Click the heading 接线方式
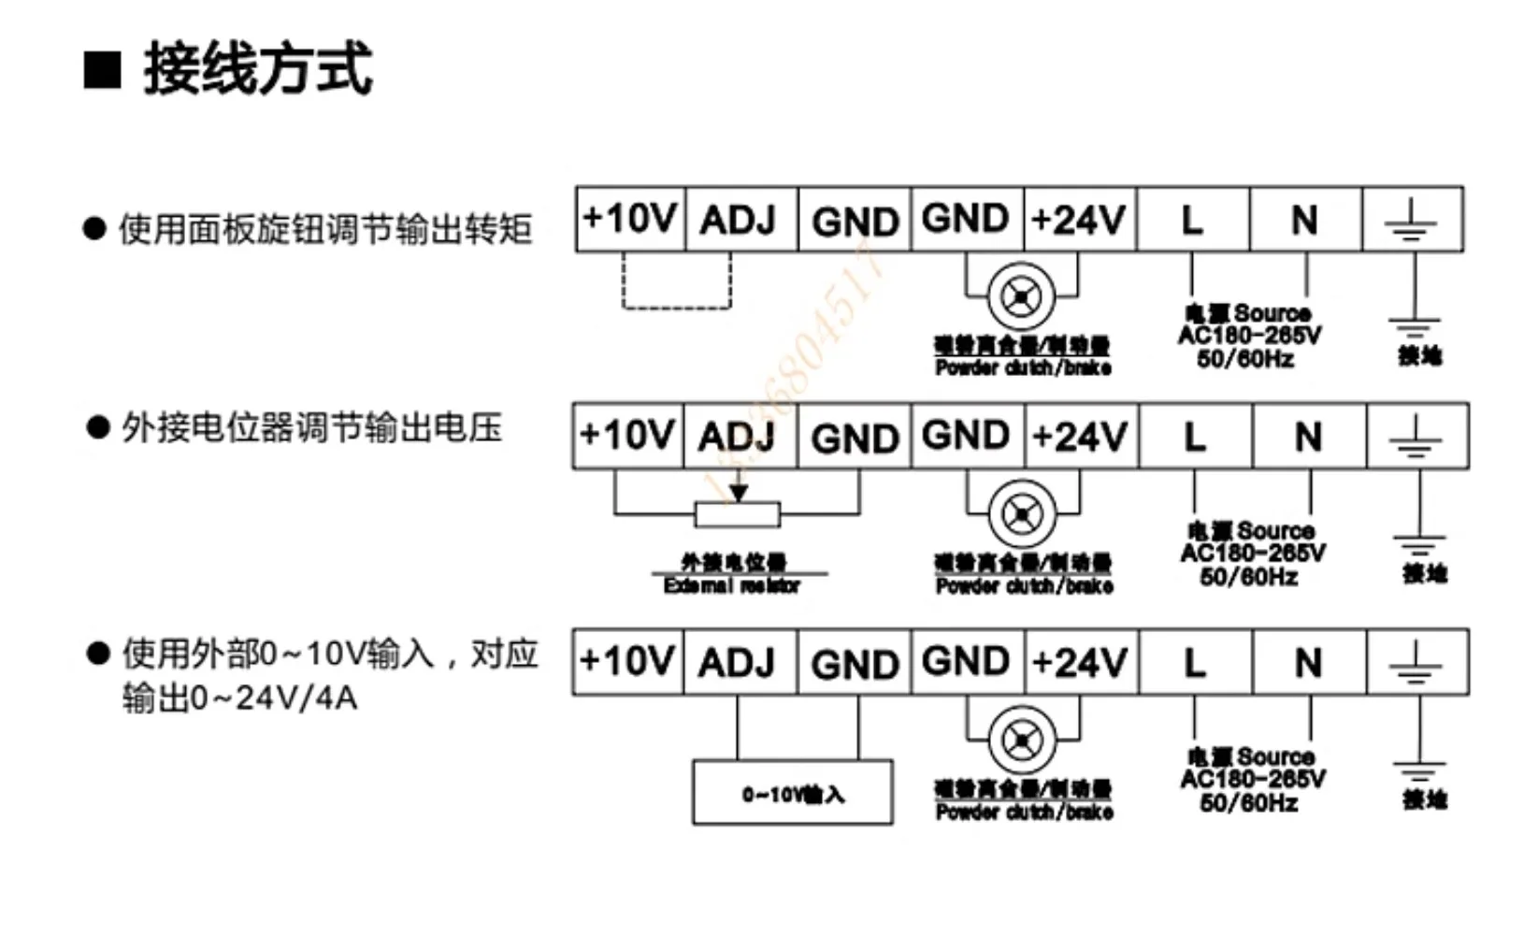tap(257, 68)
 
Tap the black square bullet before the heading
tap(102, 70)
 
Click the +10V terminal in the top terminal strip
tap(629, 219)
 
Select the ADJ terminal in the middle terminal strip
tap(738, 437)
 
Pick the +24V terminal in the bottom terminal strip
tap(1080, 662)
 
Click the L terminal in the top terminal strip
tap(1192, 220)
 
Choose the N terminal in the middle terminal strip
tap(1308, 437)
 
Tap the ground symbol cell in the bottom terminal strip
tap(1416, 662)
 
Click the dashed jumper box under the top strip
tap(677, 281)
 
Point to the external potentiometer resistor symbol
tap(738, 513)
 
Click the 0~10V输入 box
tap(792, 793)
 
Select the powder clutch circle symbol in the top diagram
tap(1021, 297)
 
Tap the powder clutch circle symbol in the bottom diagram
tap(1022, 741)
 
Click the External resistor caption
tap(732, 586)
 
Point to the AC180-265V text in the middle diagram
tap(1252, 554)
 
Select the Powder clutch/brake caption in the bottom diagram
tap(1024, 812)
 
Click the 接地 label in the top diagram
tap(1419, 355)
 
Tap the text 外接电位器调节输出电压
tap(311, 427)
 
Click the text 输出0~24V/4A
tap(239, 698)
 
